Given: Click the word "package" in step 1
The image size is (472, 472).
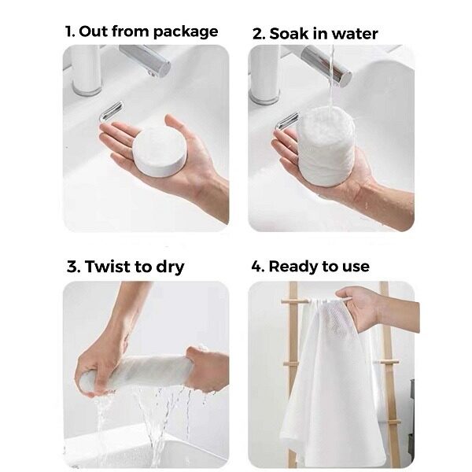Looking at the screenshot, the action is pyautogui.click(x=185, y=32).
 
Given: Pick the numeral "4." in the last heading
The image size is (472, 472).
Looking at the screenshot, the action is pyautogui.click(x=258, y=267).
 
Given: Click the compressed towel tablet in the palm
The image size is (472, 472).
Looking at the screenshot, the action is pyautogui.click(x=160, y=151).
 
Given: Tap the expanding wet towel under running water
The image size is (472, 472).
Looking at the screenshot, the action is pyautogui.click(x=326, y=146).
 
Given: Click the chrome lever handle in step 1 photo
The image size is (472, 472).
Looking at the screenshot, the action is pyautogui.click(x=111, y=112).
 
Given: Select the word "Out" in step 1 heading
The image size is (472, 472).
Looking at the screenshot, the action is pyautogui.click(x=94, y=31).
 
